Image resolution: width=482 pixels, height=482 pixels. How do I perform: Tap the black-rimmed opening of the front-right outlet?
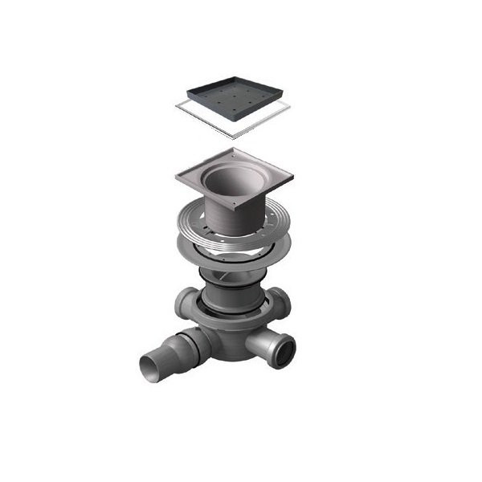click(282, 348)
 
